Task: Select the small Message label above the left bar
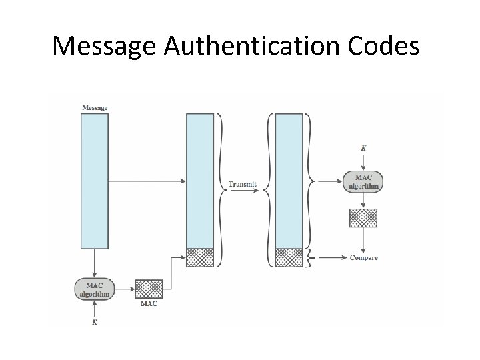94,107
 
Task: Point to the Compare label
364,258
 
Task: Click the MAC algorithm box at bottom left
94,289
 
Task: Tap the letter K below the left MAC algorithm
94,323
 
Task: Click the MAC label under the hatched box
149,304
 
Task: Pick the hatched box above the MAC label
149,289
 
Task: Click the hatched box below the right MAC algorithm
363,218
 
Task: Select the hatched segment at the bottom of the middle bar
199,257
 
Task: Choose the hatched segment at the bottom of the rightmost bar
289,257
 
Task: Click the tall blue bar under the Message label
94,181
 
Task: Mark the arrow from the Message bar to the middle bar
147,181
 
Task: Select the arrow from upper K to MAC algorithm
363,162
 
